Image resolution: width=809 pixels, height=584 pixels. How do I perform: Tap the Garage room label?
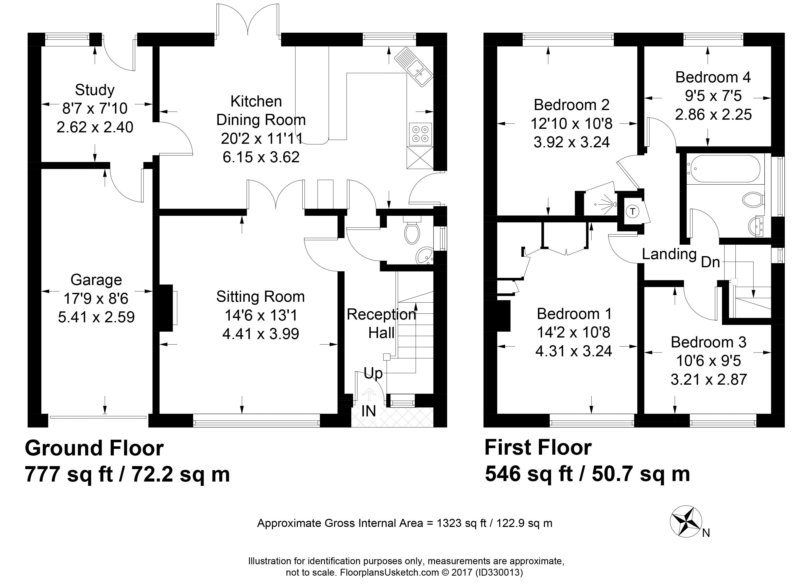click(96, 280)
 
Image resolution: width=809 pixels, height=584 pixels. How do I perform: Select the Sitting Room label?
click(260, 297)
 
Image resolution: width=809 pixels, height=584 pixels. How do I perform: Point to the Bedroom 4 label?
click(713, 77)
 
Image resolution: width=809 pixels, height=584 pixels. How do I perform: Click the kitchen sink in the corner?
click(414, 67)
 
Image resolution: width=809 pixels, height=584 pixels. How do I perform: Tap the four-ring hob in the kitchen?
click(420, 134)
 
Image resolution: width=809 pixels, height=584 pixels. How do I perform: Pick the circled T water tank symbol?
click(633, 211)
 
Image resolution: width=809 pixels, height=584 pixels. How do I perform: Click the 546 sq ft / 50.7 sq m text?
click(588, 474)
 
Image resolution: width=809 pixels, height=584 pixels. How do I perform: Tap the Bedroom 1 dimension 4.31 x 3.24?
click(574, 351)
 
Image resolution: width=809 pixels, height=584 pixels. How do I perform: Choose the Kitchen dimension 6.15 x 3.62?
click(261, 157)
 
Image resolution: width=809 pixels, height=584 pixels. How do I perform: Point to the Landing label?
click(669, 254)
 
